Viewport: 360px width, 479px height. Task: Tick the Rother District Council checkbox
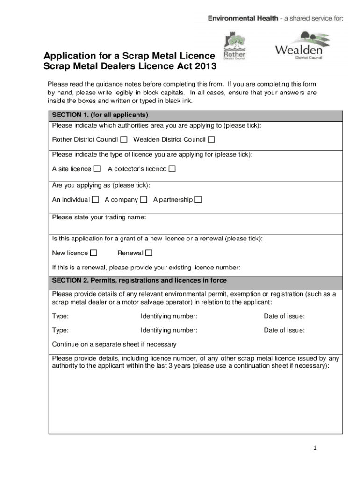124,139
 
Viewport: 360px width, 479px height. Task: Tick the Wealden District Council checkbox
211,139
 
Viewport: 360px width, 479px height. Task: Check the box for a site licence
97,169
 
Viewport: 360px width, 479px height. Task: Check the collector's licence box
172,169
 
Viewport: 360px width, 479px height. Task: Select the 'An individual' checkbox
95,200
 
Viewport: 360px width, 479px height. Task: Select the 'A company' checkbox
144,200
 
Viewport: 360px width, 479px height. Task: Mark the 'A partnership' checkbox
198,200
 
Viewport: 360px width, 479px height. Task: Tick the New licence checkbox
94,253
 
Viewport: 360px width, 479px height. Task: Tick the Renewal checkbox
149,253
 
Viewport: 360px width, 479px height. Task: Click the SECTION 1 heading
100,115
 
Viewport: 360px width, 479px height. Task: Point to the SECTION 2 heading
139,280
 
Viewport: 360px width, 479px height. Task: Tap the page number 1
315,448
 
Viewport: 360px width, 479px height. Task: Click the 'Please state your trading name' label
99,218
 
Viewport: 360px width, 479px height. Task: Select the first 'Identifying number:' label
169,316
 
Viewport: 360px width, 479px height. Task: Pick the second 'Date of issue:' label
284,330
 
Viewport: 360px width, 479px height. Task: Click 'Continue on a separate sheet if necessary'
114,344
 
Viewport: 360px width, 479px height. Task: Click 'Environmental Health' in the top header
243,18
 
